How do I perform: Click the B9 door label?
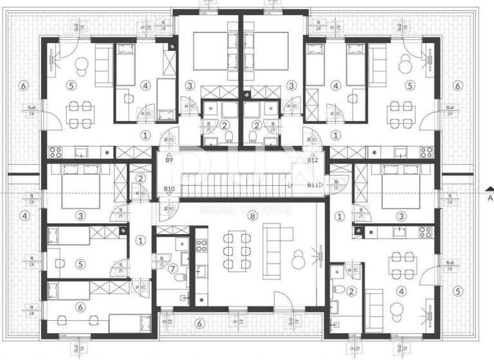(x=169, y=160)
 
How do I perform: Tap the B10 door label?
(x=169, y=188)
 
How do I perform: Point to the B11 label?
(x=314, y=185)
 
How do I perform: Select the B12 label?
(x=314, y=160)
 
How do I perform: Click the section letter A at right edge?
(x=490, y=197)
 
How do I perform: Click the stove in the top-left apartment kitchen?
(x=55, y=152)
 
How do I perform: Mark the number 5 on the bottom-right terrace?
(x=457, y=291)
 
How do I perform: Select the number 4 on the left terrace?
(x=24, y=215)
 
